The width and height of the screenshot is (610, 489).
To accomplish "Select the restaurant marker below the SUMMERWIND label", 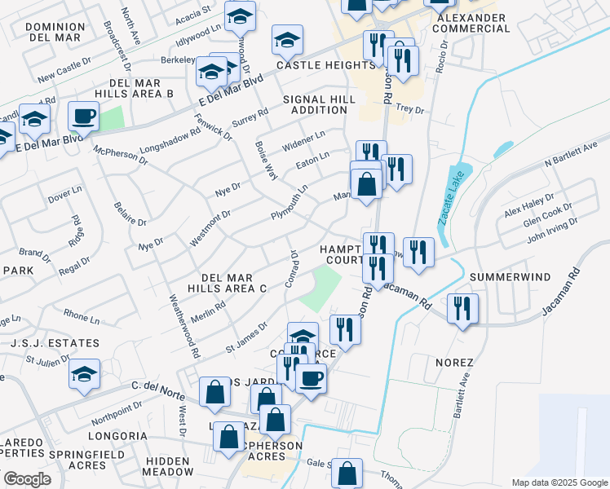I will (x=462, y=309).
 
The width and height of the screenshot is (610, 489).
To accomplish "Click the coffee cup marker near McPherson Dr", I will (x=83, y=117).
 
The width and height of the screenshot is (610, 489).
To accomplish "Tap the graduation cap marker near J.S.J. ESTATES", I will (x=84, y=375).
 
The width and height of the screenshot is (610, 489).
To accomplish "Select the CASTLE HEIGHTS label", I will (x=313, y=64).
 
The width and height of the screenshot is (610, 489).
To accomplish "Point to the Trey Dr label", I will (x=409, y=108).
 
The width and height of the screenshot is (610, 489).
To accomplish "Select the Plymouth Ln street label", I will (x=290, y=203).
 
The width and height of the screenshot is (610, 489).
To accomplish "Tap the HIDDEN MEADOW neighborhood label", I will (x=168, y=466).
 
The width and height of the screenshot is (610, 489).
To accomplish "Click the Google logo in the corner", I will (x=27, y=479).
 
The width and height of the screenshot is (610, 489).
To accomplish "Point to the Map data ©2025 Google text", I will (x=558, y=482).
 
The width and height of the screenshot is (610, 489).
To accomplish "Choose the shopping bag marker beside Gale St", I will (x=347, y=473).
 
